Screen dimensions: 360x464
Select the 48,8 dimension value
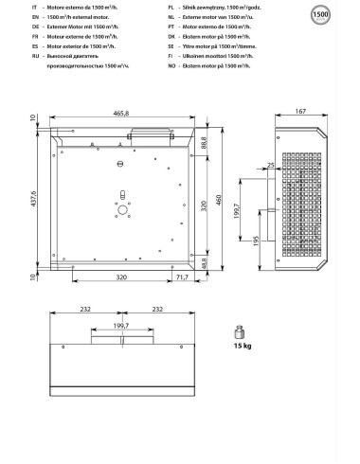(x=205, y=265)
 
